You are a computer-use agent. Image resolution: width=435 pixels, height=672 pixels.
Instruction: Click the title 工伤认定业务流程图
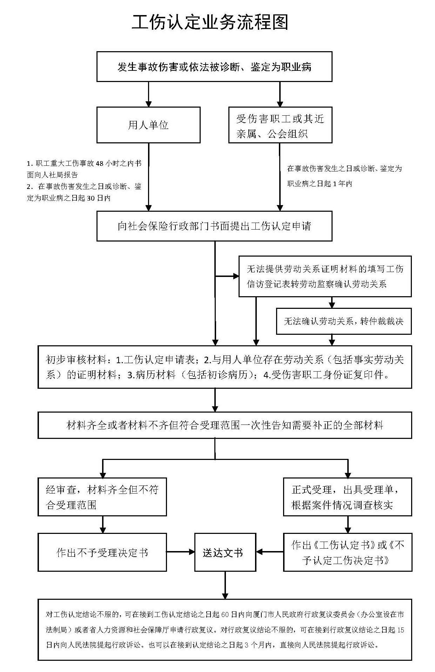210,22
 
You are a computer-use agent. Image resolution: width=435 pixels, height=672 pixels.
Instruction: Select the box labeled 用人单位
148,125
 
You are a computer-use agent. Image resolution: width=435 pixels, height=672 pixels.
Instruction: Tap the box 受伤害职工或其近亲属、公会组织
280,125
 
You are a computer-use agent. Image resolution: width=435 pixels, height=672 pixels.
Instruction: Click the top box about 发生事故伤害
214,67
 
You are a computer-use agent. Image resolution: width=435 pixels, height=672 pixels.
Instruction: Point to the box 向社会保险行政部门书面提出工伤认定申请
214,226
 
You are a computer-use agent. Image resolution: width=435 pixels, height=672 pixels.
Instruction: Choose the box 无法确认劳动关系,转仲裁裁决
343,321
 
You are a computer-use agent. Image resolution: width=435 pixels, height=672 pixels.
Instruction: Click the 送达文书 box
225,552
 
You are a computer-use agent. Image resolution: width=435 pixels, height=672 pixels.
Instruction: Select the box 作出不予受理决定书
102,552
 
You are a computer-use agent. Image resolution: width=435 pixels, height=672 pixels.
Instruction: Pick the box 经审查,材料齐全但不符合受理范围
102,497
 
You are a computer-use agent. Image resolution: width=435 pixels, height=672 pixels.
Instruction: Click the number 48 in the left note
99,164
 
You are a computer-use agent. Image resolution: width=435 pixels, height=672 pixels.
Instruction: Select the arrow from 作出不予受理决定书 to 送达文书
180,552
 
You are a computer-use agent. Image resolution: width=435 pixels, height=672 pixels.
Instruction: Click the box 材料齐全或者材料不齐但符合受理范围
225,425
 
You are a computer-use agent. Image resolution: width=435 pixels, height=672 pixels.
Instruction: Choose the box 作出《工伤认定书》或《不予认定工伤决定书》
347,552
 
